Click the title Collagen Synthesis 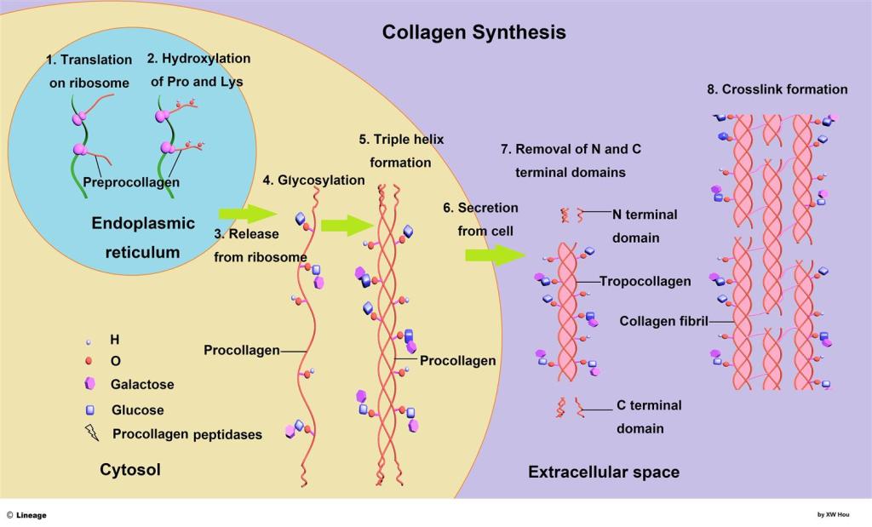[473, 32]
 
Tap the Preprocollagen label [131, 182]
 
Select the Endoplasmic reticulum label [143, 238]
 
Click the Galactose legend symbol [91, 384]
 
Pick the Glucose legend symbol [90, 410]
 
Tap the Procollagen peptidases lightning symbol [92, 432]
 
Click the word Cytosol [130, 469]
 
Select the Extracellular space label [603, 472]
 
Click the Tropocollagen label [645, 281]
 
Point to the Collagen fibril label [663, 321]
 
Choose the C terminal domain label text [648, 416]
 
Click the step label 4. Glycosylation [313, 180]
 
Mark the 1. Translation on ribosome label [89, 72]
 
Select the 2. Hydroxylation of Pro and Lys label [198, 70]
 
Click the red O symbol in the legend [90, 361]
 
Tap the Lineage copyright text [27, 515]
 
